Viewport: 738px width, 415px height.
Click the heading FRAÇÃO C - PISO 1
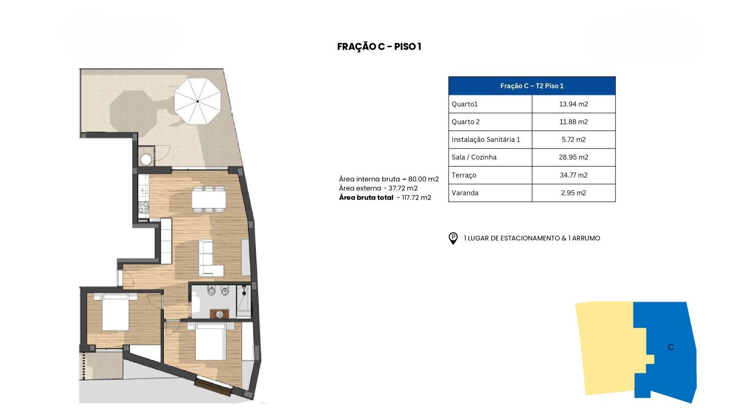(379, 47)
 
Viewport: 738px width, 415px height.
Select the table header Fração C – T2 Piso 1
(532, 86)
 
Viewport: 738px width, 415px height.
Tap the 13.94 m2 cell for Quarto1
(573, 104)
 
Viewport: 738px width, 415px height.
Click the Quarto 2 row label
(465, 122)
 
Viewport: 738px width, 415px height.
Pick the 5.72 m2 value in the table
(573, 140)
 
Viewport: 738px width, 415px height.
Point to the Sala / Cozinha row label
(474, 157)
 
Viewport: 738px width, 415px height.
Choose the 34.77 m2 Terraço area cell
(573, 175)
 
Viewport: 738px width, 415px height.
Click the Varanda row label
(465, 193)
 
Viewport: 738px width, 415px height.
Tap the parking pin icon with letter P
(453, 238)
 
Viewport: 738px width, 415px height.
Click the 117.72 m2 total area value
(416, 198)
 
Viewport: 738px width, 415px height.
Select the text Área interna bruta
(369, 179)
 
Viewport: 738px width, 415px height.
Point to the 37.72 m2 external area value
(403, 188)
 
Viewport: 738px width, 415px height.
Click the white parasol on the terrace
(197, 101)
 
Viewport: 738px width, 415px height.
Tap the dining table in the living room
(209, 200)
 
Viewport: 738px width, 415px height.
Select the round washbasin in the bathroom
(219, 315)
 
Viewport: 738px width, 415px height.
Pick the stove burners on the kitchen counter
(143, 207)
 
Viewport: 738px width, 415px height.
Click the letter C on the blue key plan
(671, 347)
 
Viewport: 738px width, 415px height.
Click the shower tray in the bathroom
(244, 301)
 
